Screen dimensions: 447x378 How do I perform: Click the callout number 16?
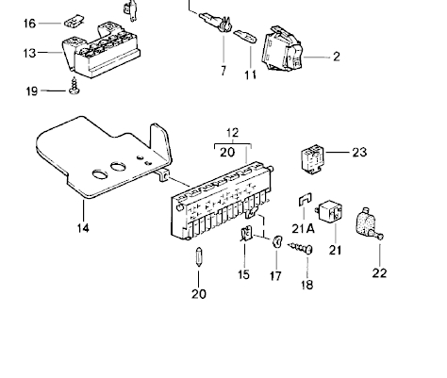coord(29,24)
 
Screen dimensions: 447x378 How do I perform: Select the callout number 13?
coord(29,53)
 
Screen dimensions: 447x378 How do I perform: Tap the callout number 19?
coord(31,91)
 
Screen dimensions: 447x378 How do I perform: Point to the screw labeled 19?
coord(74,86)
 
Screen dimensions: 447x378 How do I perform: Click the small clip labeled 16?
coord(74,22)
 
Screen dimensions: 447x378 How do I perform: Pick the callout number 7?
coord(223,71)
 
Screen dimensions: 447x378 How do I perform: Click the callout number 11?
coord(250,74)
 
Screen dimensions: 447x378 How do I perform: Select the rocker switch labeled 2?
coord(282,49)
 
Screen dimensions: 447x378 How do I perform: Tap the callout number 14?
coord(83,228)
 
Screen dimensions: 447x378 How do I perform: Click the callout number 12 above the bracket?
coord(232,133)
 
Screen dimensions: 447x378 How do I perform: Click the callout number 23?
coord(359,153)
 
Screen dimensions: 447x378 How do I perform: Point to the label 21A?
coord(303,228)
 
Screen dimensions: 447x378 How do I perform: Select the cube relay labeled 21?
coord(329,212)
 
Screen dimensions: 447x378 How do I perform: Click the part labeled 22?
coord(370,224)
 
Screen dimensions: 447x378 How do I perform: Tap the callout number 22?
coord(379,272)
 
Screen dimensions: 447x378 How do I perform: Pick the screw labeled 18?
coord(301,248)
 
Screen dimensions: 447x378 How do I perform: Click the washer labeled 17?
coord(276,241)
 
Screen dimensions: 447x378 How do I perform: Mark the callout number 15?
coord(243,274)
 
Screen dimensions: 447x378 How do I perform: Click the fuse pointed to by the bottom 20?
coord(199,256)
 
